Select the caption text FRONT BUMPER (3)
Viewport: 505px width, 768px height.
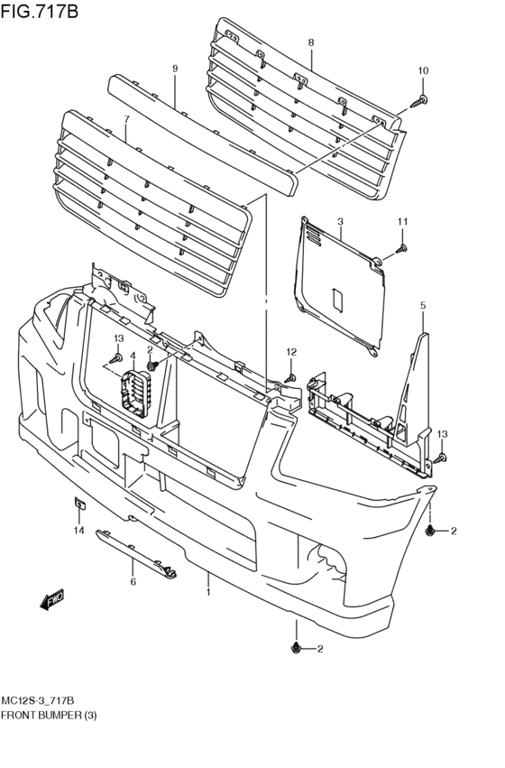tap(49, 715)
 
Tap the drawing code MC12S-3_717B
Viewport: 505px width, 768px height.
tap(44, 700)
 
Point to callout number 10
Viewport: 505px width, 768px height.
tap(423, 70)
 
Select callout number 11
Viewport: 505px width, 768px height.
tap(403, 221)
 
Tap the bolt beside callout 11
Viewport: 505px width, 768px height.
tap(401, 246)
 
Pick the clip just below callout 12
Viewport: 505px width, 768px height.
tap(290, 376)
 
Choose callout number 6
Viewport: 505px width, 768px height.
tap(133, 582)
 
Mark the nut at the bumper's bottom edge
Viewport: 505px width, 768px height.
tap(296, 648)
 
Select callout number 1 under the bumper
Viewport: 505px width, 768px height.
tap(208, 593)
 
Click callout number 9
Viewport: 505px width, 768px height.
tap(175, 68)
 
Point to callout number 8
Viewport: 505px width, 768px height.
tap(310, 42)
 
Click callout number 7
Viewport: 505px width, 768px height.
tap(126, 118)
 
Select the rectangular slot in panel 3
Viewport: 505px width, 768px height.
tap(335, 301)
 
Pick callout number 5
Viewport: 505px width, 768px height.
tap(422, 307)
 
